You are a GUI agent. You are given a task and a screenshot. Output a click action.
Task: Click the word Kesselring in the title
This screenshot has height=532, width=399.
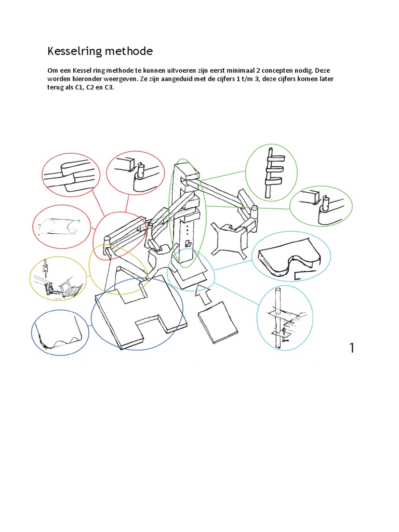[x=75, y=51]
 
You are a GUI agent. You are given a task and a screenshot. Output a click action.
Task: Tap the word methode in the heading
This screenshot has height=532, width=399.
[x=129, y=51]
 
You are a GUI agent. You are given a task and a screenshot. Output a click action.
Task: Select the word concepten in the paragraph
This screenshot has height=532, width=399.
[x=277, y=71]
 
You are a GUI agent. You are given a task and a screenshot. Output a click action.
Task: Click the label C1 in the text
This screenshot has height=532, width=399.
[x=79, y=87]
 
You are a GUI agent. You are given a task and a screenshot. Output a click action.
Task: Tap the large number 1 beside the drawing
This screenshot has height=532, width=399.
[x=352, y=348]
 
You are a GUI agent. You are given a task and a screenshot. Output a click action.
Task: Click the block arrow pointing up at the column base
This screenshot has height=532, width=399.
[x=203, y=296]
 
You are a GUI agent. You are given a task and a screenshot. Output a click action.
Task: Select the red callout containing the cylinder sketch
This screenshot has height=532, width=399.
[x=62, y=227]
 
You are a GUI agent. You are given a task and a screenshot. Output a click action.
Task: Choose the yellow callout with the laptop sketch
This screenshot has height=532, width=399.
[x=58, y=278]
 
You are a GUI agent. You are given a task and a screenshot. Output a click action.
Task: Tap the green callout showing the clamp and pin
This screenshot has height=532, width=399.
[x=321, y=206]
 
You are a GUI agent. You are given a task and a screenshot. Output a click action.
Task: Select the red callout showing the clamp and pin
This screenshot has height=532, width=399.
[x=136, y=173]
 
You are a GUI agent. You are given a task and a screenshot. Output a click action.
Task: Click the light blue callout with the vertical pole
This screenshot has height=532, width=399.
[x=285, y=318]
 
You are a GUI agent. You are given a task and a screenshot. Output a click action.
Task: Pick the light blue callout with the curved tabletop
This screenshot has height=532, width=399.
[x=291, y=257]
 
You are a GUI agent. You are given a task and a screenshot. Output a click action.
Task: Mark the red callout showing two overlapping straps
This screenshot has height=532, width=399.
[x=71, y=175]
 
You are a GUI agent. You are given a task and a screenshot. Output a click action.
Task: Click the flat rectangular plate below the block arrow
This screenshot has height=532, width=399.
[x=218, y=322]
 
